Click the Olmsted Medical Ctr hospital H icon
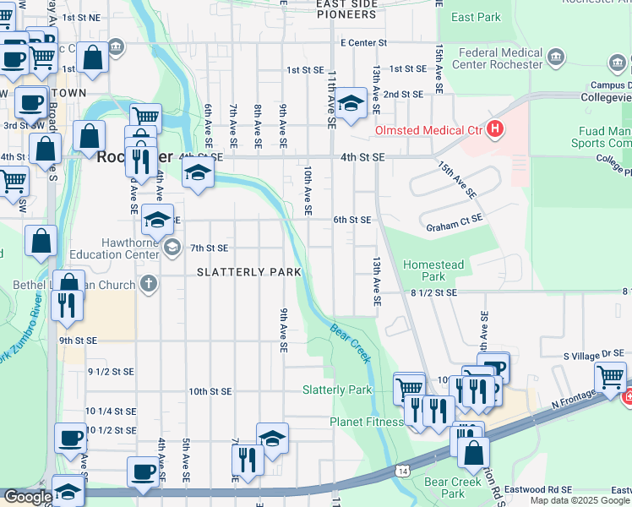coord(495,130)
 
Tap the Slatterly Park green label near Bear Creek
coord(337,390)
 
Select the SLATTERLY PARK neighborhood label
coord(248,272)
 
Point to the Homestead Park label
coord(434,270)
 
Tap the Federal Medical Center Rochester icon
coord(556,57)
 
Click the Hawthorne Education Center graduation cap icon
coord(172,247)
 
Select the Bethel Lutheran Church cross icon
coord(149,284)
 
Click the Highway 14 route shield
coord(402,469)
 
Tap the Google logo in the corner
coord(27,497)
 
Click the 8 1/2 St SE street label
coord(434,292)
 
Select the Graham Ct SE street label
coord(454,227)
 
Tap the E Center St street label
coord(363,42)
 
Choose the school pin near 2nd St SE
coord(349,104)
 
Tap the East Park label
coord(476,17)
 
